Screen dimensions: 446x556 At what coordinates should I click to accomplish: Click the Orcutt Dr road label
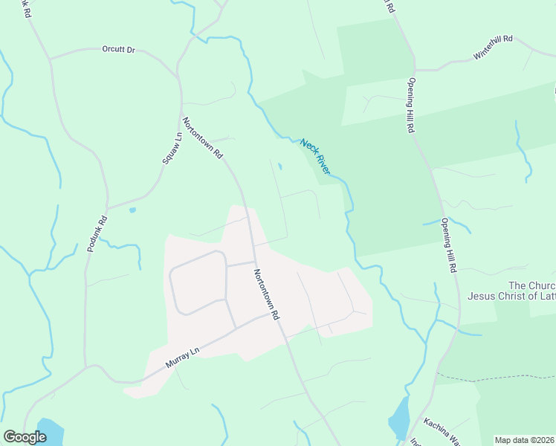(119, 49)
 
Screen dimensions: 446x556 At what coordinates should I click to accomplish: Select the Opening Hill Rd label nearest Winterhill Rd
(410, 105)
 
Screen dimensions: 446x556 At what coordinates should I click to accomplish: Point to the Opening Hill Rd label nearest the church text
(447, 245)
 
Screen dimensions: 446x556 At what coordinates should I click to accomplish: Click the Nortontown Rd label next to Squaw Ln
(203, 139)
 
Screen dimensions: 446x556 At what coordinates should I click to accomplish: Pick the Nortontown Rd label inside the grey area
(265, 294)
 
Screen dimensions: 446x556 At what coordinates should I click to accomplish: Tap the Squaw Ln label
(172, 149)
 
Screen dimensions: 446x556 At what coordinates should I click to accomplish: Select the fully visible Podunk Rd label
(97, 233)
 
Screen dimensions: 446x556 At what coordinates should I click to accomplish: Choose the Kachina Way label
(444, 433)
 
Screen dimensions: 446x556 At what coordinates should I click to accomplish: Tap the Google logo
(25, 437)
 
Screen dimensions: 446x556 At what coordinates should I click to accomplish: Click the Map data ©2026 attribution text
(524, 440)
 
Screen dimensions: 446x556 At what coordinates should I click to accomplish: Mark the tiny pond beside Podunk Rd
(132, 210)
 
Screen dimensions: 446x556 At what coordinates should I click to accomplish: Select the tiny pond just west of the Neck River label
(279, 167)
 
